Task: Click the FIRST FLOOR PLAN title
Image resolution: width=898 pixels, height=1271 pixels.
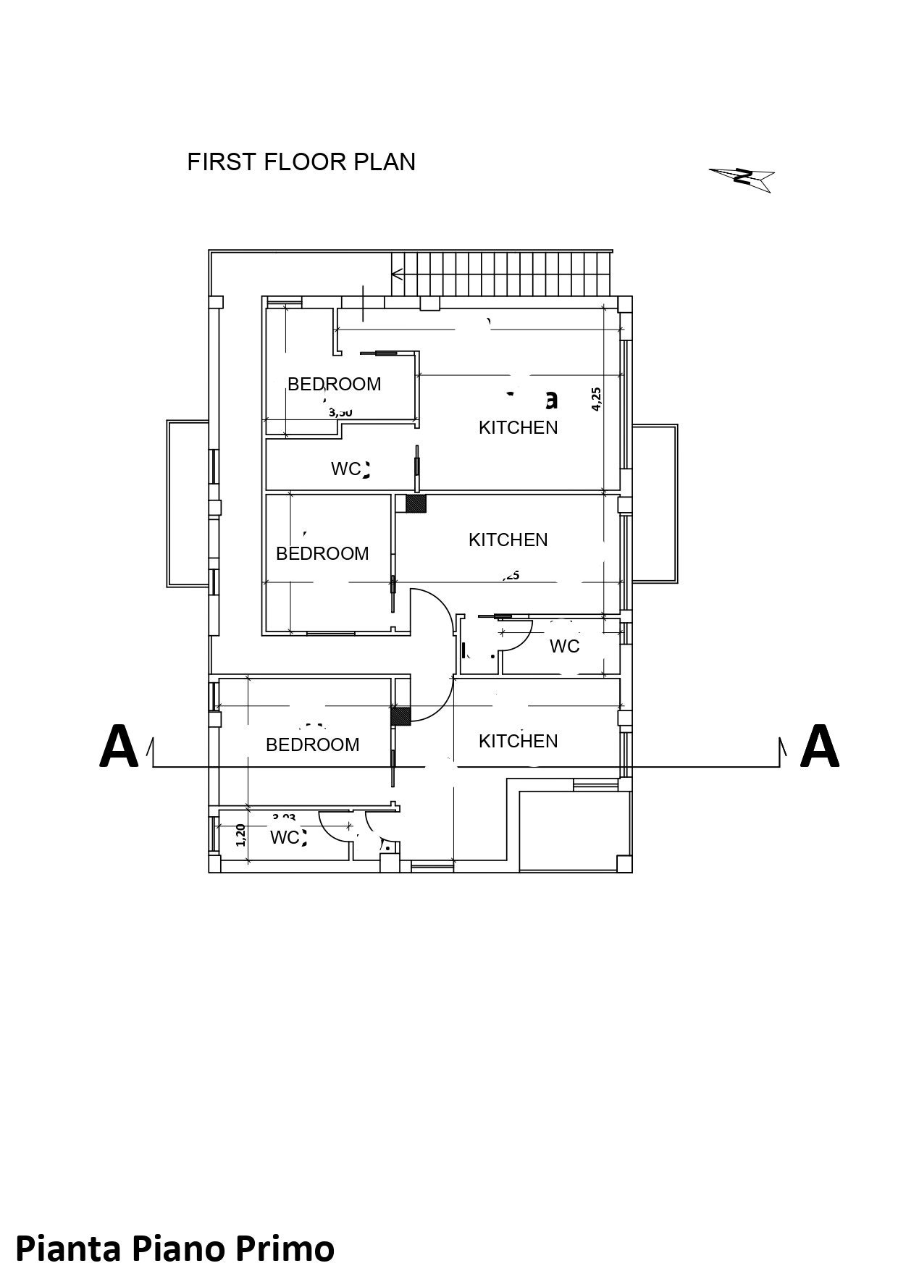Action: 301,162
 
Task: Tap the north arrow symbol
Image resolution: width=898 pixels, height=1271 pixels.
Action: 743,177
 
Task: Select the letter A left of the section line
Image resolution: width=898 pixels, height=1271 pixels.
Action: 118,747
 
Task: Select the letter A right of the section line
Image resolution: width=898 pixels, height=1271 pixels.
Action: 819,747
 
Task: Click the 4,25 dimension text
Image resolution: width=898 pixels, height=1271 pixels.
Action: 596,399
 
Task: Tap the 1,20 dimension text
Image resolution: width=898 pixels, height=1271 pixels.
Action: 242,835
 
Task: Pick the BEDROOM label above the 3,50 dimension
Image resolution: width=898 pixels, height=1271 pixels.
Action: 334,384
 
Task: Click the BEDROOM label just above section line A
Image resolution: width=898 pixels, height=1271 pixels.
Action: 312,744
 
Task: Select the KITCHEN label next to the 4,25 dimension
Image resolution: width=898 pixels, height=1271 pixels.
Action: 518,427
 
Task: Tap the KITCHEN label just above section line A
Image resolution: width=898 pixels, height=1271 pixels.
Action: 518,741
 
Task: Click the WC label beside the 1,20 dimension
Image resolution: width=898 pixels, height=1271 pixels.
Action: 285,837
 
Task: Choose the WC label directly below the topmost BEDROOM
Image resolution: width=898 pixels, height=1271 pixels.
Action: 346,469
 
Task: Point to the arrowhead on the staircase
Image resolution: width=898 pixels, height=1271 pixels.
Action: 397,274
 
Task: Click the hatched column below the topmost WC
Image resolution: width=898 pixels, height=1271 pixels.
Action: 416,503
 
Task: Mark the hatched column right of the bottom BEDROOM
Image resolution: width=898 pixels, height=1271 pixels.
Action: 400,716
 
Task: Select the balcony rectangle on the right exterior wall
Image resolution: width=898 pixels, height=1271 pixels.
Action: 655,503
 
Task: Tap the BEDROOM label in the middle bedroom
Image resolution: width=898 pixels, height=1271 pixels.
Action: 322,553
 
